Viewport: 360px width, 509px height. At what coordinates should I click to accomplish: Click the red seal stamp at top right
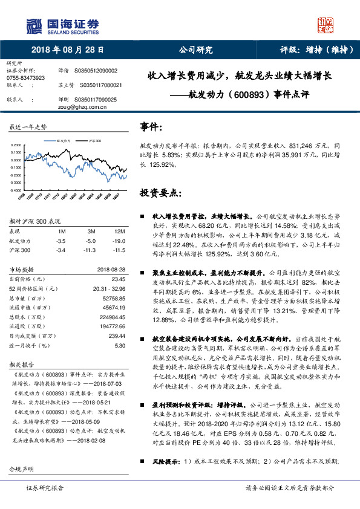pyautogui.click(x=326, y=25)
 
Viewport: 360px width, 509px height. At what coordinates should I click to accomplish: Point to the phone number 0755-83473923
pyautogui.click(x=25, y=78)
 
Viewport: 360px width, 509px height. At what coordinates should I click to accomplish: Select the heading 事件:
pyautogui.click(x=151, y=128)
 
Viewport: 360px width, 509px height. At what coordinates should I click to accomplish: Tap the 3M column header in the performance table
pyautogui.click(x=91, y=232)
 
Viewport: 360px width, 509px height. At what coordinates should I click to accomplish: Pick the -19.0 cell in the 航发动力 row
pyautogui.click(x=119, y=240)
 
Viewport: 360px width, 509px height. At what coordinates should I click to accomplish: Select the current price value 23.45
pyautogui.click(x=118, y=279)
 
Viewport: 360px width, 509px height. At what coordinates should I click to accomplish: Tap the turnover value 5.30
pyautogui.click(x=119, y=345)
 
